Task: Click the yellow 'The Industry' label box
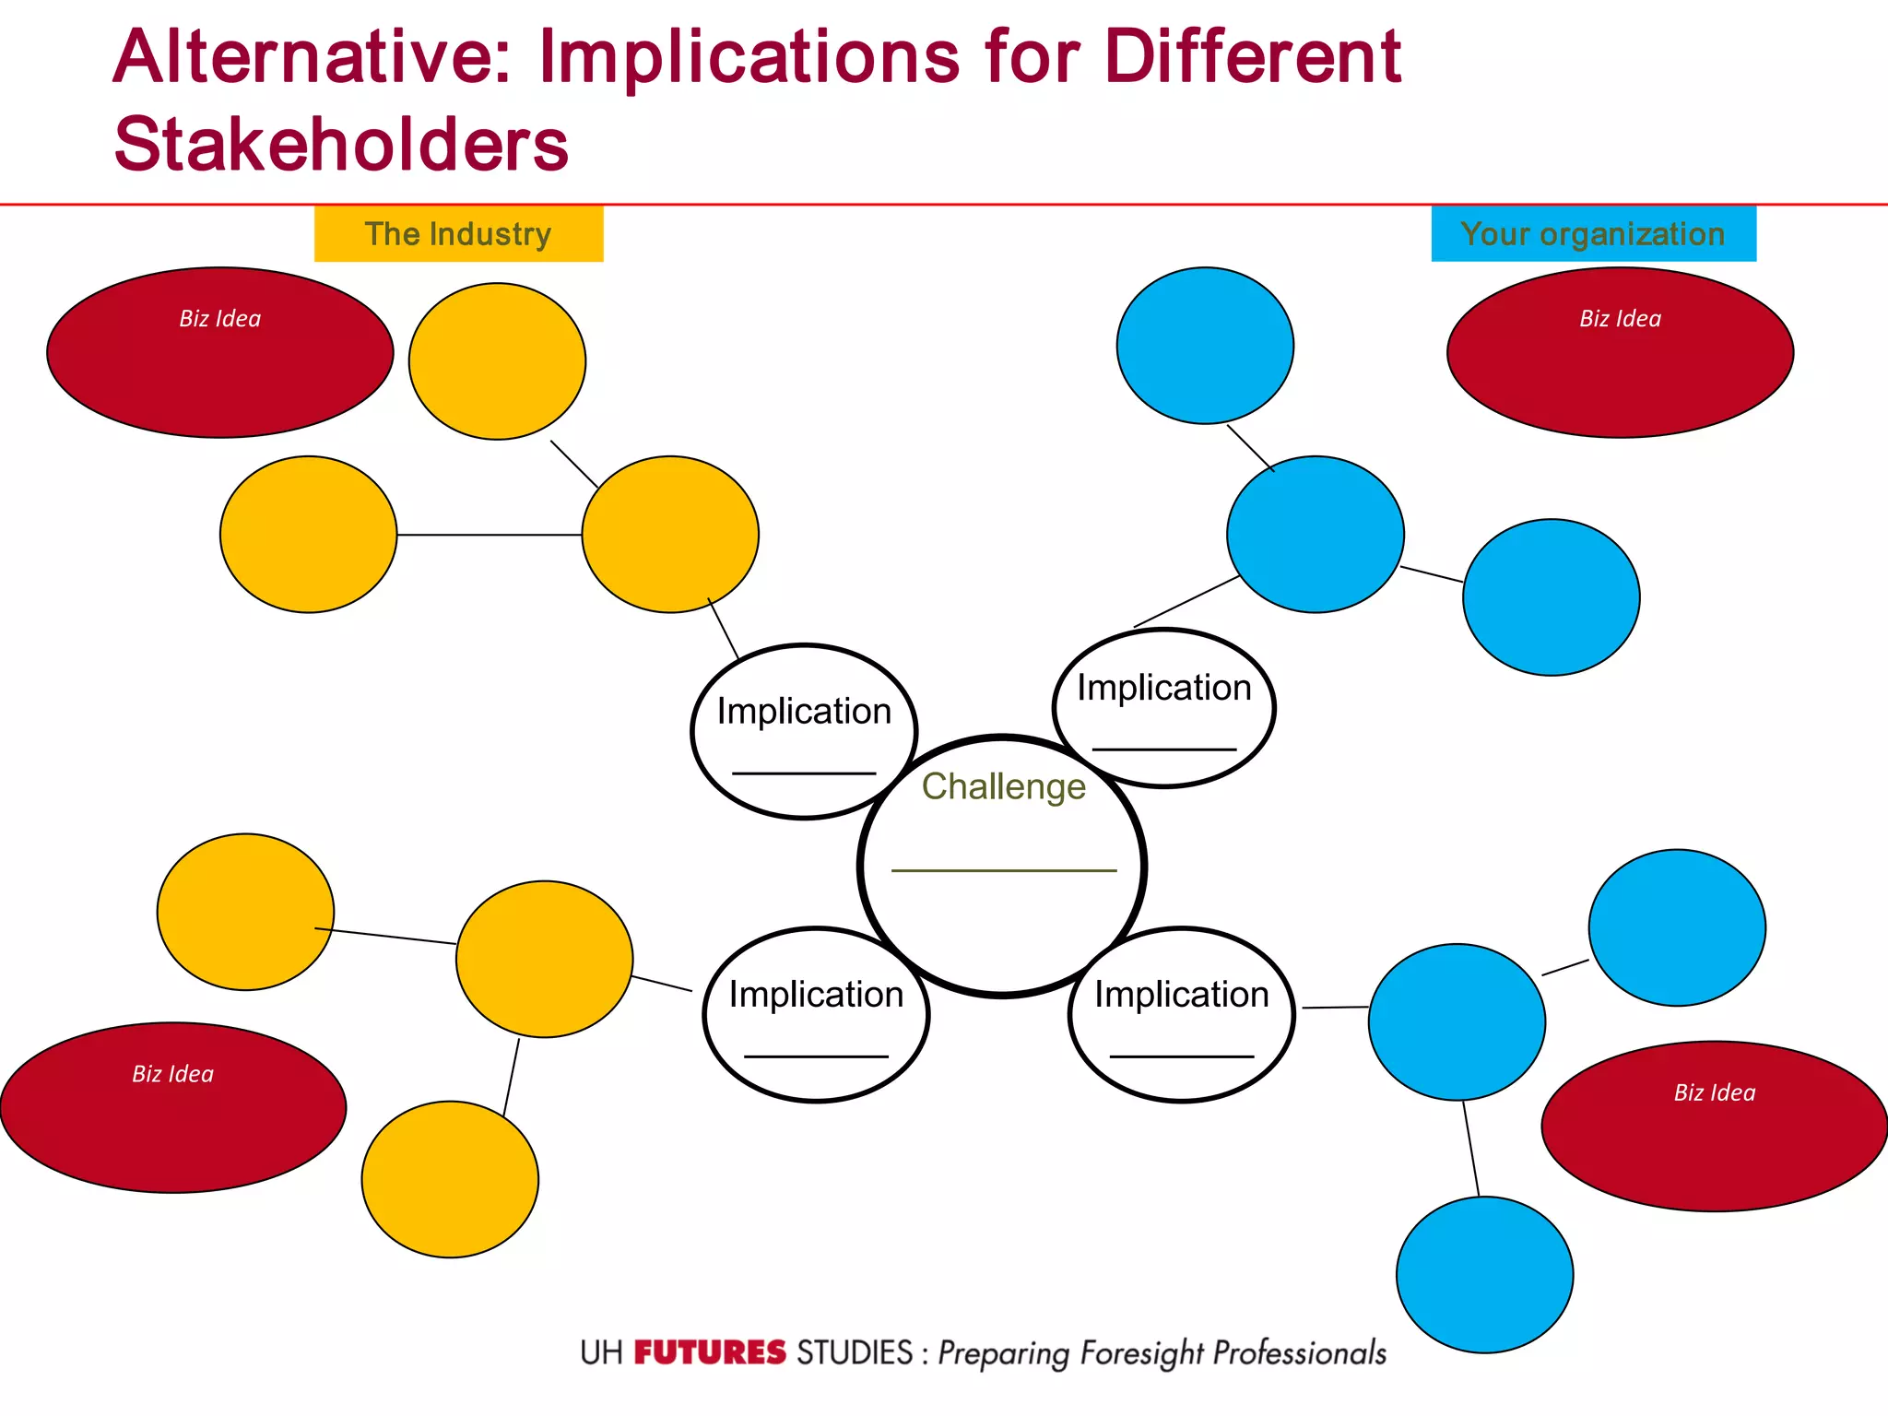point(458,234)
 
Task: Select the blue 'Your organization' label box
point(1592,234)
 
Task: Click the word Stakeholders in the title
point(341,145)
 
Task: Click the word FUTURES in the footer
point(709,1353)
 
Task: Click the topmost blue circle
point(1205,346)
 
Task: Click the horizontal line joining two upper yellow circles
point(489,535)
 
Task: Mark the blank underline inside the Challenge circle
point(1003,870)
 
